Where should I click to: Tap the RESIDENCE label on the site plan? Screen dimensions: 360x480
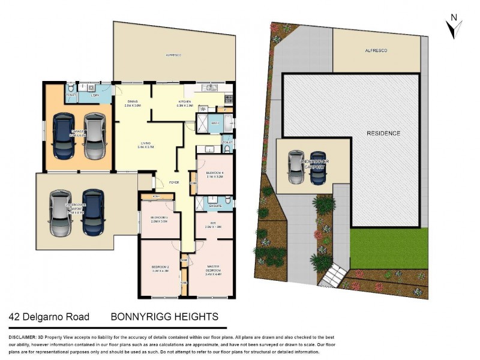pos(383,133)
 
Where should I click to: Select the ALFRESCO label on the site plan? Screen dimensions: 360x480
pos(376,51)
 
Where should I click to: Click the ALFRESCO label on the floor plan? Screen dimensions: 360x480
pos(174,55)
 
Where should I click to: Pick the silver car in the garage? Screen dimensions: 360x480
pos(94,135)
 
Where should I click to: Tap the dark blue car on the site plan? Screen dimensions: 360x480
pos(318,168)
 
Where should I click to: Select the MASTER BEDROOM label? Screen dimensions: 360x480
pos(214,269)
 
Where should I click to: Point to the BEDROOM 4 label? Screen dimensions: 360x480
pos(214,173)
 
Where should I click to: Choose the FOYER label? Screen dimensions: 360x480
pos(175,182)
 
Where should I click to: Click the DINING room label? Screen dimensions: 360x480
pos(133,103)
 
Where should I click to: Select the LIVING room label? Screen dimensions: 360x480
pos(146,143)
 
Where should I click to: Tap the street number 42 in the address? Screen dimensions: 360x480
pos(14,317)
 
